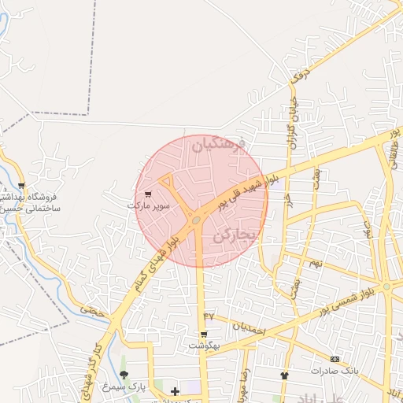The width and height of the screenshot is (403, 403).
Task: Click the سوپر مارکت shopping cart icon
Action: (x=147, y=194)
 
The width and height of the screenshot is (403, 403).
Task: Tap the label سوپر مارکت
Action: (x=147, y=205)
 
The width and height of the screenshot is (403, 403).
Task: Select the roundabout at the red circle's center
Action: (x=195, y=221)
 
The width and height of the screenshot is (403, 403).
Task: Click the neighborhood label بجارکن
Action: (x=235, y=235)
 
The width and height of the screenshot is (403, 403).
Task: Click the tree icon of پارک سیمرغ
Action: (x=124, y=375)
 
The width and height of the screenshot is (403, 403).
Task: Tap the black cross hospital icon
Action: (x=174, y=390)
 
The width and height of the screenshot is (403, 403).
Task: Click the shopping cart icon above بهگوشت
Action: (x=204, y=334)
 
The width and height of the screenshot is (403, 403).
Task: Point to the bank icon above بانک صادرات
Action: (x=335, y=359)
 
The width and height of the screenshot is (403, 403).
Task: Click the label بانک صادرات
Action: (x=335, y=370)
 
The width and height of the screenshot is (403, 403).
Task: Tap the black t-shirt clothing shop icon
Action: (x=284, y=375)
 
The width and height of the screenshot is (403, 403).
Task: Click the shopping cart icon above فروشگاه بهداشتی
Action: (x=21, y=186)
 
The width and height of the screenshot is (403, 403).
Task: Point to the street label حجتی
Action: (x=93, y=312)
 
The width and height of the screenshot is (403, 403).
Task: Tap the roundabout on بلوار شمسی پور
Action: (x=386, y=286)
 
